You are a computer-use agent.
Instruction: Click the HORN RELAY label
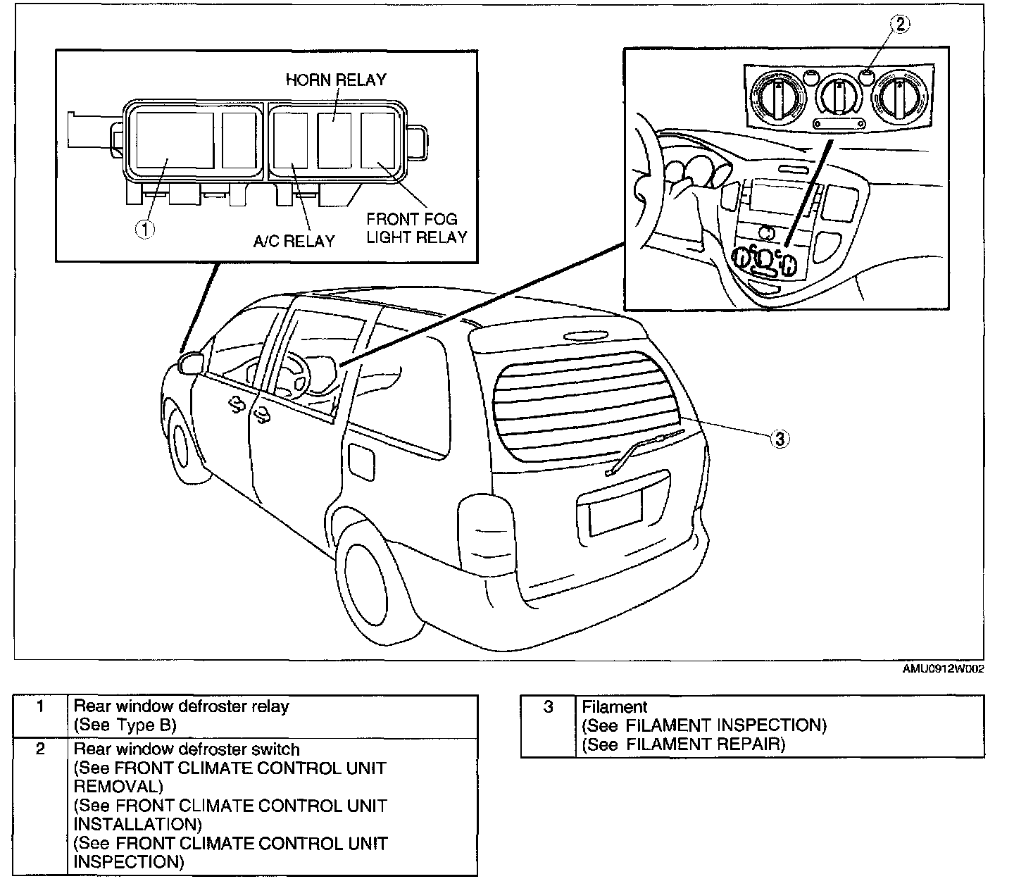[x=336, y=80]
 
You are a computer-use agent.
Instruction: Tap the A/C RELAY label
[x=294, y=242]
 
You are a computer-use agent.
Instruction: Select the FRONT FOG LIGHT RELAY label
[x=416, y=228]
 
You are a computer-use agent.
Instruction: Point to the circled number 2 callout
[x=901, y=24]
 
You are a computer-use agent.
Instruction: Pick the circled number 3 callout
[x=778, y=439]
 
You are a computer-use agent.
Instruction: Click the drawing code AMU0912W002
[x=943, y=669]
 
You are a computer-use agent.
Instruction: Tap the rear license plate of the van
[x=615, y=512]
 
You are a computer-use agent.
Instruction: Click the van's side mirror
[x=191, y=363]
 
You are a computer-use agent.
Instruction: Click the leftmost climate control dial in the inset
[x=778, y=98]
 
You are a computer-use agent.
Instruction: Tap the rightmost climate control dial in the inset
[x=899, y=99]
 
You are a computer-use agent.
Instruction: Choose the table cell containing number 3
[x=549, y=707]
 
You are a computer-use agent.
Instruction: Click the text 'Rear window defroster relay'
[x=181, y=706]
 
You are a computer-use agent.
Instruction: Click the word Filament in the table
[x=614, y=707]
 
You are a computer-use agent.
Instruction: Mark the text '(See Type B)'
[x=125, y=725]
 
